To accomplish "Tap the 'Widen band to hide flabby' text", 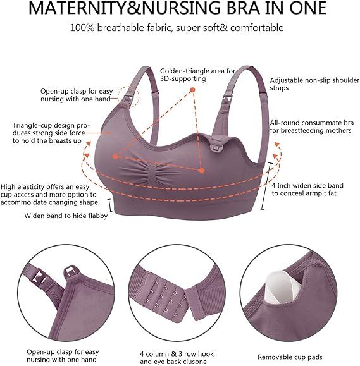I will [x=66, y=216].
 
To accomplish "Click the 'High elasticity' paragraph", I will [x=51, y=195].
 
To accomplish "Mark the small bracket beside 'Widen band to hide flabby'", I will [x=111, y=205].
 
